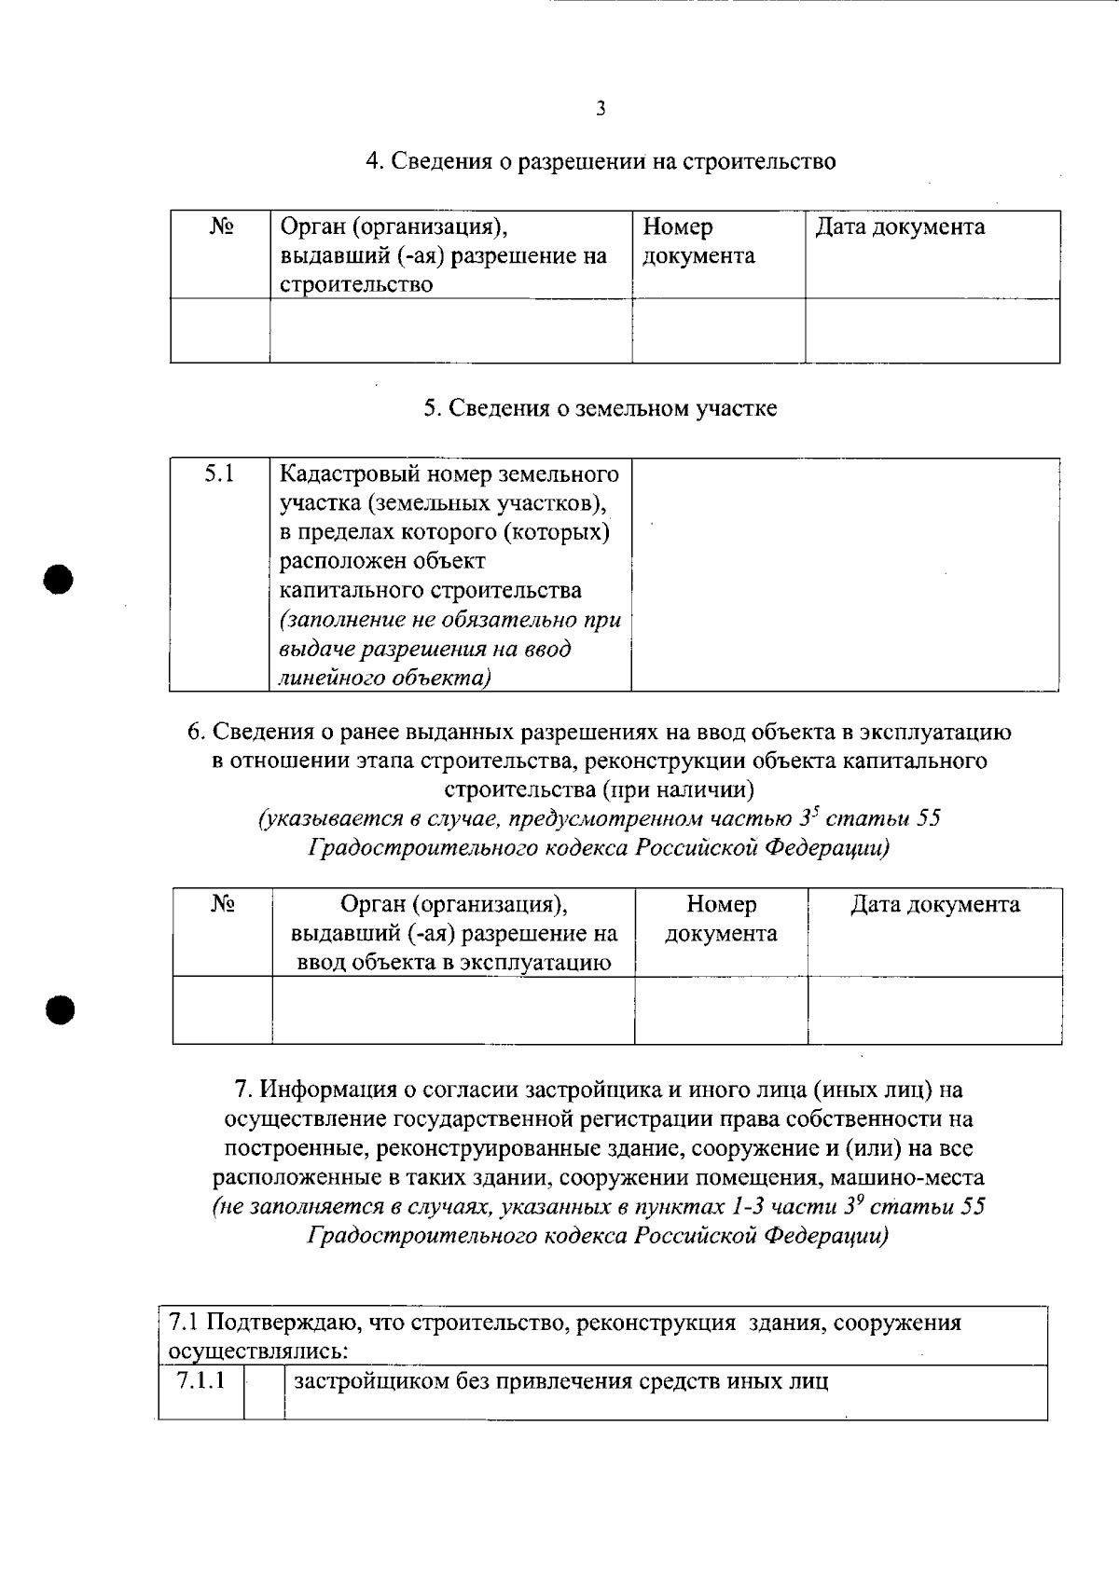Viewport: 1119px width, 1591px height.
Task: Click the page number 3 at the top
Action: (601, 108)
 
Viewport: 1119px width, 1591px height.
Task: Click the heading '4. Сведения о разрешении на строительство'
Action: (601, 161)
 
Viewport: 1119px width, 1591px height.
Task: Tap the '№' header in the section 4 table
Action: (220, 226)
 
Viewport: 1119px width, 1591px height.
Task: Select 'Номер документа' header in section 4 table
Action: (698, 241)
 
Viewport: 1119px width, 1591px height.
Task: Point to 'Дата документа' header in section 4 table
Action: (900, 226)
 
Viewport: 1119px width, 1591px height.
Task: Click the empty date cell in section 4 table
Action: (932, 330)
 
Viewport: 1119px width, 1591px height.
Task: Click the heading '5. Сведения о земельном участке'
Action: (601, 408)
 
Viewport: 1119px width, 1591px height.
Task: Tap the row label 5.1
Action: (219, 473)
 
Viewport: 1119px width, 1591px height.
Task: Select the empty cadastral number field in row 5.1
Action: (845, 573)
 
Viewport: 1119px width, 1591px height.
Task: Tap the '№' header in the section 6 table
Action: (222, 904)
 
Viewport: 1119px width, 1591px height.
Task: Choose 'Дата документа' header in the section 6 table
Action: (934, 904)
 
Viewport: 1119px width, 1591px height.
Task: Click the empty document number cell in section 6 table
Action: (721, 1009)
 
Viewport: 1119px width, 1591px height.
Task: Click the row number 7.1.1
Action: (200, 1380)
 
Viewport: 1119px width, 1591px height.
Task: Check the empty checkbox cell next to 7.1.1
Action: (264, 1392)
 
